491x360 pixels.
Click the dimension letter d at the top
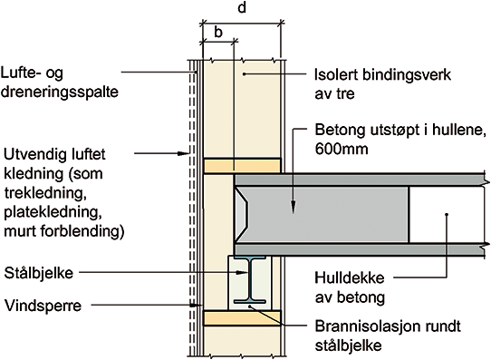[x=242, y=7]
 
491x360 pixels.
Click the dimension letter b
[x=218, y=32]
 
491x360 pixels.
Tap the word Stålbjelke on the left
[x=39, y=273]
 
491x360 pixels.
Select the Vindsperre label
[x=43, y=306]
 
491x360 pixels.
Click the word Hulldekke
[x=350, y=277]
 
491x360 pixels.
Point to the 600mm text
[x=342, y=149]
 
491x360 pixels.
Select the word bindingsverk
[x=407, y=75]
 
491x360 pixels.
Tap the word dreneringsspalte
[x=60, y=92]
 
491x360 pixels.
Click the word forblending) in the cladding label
[x=82, y=231]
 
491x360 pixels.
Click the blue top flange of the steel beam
[x=250, y=258]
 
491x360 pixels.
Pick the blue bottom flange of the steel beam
[x=250, y=301]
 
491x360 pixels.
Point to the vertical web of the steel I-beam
[x=250, y=279]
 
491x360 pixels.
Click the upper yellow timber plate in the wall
[x=242, y=165]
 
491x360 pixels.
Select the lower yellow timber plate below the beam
[x=242, y=317]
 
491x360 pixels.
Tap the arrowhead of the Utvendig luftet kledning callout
[x=183, y=153]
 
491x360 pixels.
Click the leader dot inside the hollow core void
[x=447, y=214]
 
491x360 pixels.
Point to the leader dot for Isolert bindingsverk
[x=245, y=74]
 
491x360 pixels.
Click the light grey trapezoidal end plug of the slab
[x=242, y=215]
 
